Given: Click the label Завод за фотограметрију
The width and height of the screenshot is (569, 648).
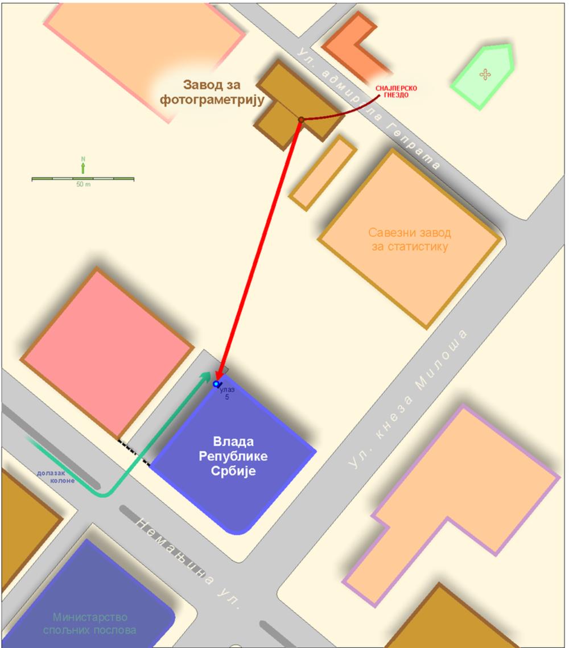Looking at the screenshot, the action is [x=212, y=93].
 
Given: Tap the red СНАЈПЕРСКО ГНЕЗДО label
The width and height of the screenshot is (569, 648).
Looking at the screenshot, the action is [x=396, y=92].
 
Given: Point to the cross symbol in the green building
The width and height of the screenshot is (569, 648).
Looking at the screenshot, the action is [x=485, y=75].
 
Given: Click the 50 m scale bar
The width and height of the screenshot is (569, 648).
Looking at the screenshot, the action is [x=83, y=179].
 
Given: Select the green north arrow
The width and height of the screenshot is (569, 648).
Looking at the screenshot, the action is [x=83, y=167].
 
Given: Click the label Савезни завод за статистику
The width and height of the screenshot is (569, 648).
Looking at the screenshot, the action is [x=410, y=240].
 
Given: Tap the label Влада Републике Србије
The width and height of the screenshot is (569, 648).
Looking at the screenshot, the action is [x=233, y=456].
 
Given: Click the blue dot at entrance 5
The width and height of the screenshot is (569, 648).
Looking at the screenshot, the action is [x=216, y=384].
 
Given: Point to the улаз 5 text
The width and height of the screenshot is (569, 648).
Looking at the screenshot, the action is [x=227, y=393].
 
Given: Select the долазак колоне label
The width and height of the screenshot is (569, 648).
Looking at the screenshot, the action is [x=56, y=477].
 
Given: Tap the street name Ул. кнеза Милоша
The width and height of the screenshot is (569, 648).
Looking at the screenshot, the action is [x=408, y=399].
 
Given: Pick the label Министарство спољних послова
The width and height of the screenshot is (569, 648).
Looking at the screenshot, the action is [x=89, y=623].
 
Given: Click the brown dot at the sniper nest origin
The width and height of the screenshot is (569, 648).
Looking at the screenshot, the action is [x=301, y=120].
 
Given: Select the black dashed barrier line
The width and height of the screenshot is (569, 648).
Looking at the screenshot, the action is [x=134, y=452].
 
